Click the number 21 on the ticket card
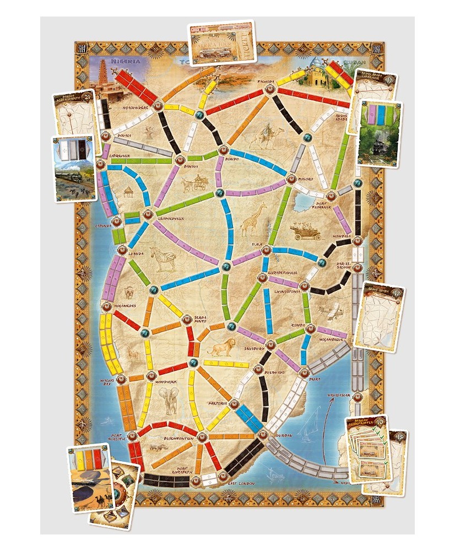point(88,98)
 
